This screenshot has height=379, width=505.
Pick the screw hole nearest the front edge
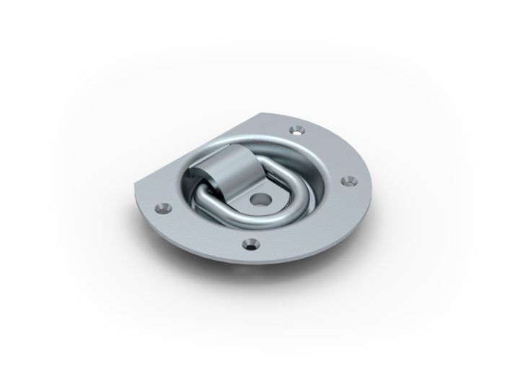coord(250,243)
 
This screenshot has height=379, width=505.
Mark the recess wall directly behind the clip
coord(238,148)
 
